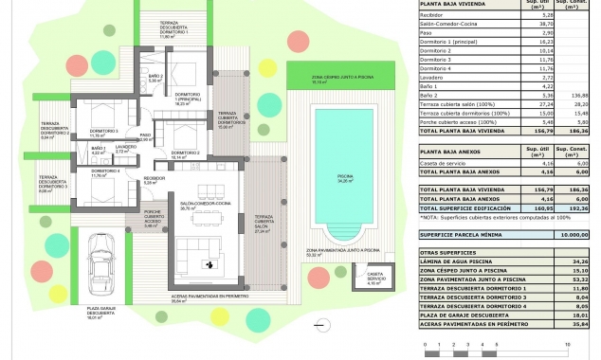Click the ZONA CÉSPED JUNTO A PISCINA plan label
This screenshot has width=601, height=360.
pyautogui.click(x=332, y=79)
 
